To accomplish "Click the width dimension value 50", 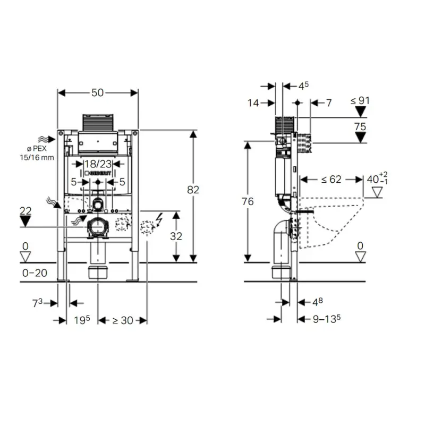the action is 97,93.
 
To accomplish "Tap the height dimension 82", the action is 193,190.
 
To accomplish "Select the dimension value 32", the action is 176,236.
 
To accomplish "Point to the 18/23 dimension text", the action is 98,164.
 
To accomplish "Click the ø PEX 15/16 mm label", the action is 37,153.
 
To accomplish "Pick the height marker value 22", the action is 25,211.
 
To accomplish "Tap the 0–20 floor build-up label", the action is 35,273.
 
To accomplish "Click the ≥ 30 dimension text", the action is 123,321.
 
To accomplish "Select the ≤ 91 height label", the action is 360,101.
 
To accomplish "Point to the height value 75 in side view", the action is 360,126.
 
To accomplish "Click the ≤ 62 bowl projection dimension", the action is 331,180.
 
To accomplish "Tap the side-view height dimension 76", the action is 248,202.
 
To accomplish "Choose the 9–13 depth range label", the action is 327,319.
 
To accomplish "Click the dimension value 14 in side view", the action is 253,103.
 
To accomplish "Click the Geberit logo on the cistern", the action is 98,173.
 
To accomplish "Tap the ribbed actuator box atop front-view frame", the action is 98,123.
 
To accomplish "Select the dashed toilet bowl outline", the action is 331,223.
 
